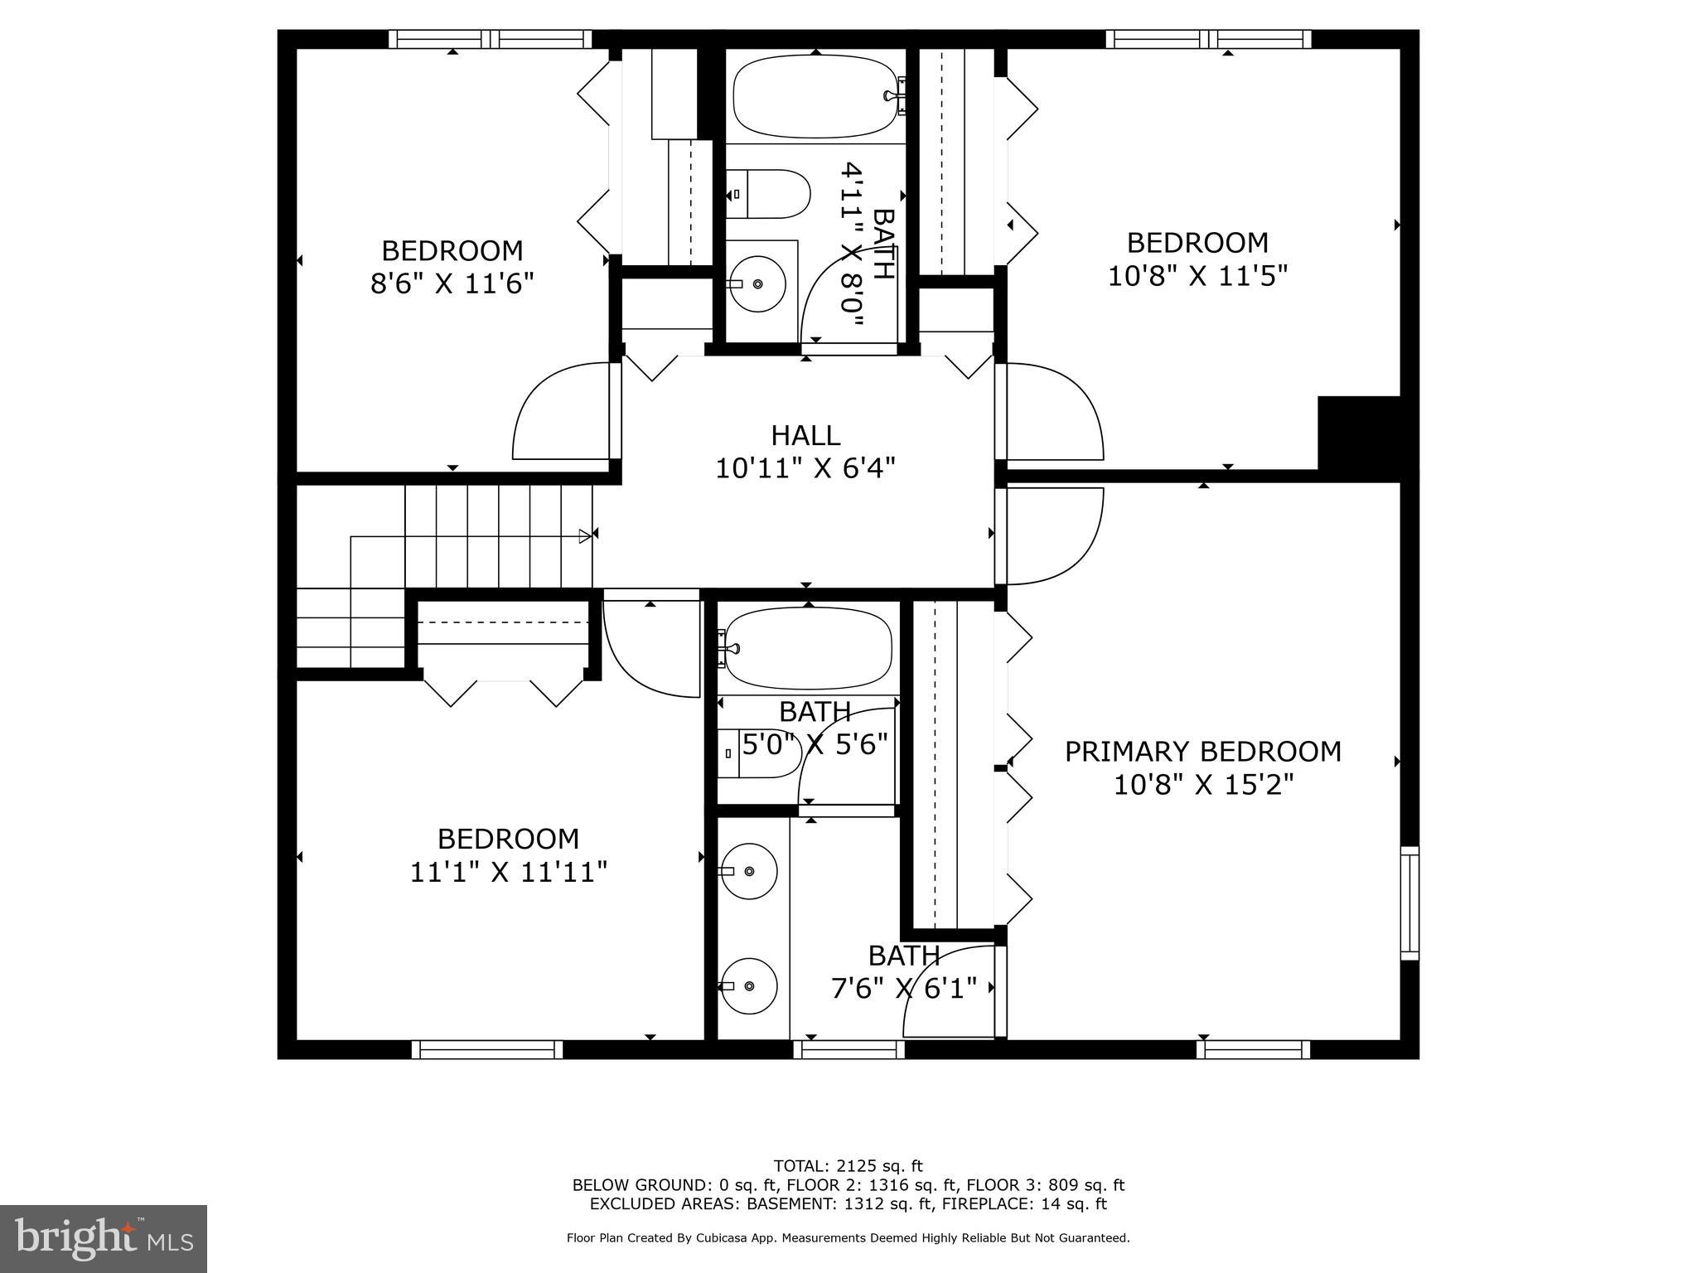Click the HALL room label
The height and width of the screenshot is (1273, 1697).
[805, 435]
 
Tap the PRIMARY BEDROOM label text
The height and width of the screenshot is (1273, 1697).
[1202, 752]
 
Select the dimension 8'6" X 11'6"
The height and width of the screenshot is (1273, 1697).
[451, 283]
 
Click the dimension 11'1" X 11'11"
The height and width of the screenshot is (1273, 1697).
[508, 872]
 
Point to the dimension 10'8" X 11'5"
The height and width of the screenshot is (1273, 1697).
[1197, 275]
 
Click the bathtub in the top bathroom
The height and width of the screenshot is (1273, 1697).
[816, 96]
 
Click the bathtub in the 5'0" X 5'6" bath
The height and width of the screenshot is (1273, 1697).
[806, 648]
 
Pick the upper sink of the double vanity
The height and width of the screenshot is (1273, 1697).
[748, 871]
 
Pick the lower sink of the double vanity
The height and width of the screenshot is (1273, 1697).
[748, 985]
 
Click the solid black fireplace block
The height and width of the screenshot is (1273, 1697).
[1359, 434]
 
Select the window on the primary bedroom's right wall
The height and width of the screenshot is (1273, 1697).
[1409, 903]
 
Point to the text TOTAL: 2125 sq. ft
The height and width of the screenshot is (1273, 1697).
[848, 1166]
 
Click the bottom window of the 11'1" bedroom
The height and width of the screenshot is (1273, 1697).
[487, 1049]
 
